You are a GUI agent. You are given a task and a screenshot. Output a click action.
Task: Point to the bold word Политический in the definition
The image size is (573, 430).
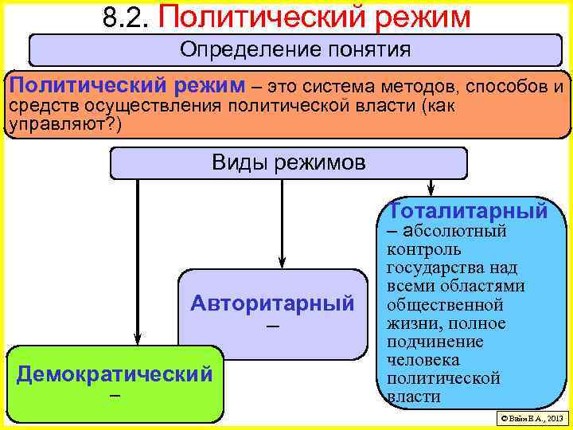click(x=79, y=85)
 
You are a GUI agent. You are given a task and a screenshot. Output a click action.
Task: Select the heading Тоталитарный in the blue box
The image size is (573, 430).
click(x=468, y=211)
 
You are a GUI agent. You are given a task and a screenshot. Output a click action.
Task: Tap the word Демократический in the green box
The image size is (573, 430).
click(x=115, y=373)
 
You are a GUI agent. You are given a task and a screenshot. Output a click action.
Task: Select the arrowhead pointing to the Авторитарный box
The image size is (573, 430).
click(x=280, y=264)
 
